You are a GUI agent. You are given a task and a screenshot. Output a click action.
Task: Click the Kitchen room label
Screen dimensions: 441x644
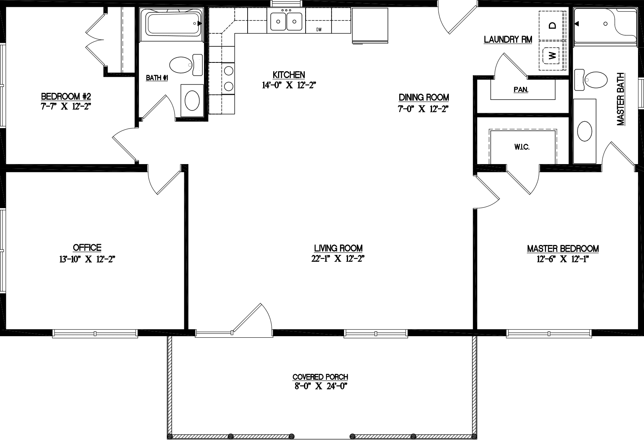coord(289,75)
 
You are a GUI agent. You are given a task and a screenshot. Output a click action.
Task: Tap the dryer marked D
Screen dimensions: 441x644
coord(552,26)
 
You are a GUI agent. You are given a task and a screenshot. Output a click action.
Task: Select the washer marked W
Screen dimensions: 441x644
coord(552,55)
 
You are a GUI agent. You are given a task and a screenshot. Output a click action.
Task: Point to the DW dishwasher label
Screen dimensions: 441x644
coord(319,29)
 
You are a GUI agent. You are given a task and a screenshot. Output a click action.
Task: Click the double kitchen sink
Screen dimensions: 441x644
coord(286,21)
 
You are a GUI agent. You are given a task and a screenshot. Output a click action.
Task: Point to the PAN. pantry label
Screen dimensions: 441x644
coord(521,90)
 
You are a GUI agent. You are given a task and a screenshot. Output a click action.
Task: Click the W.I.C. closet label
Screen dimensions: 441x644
coord(522,147)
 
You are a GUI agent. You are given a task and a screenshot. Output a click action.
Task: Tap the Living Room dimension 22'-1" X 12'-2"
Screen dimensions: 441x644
coord(338,259)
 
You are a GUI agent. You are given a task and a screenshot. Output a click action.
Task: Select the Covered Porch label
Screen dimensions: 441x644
coord(320,377)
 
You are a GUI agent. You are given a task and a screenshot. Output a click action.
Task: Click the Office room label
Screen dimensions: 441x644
coord(87,248)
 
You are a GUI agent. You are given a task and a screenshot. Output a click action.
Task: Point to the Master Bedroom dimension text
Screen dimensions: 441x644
coord(563,259)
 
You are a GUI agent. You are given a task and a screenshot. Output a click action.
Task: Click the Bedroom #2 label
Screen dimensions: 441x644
coord(66,96)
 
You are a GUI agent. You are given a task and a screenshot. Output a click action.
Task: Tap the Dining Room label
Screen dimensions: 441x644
coord(424,97)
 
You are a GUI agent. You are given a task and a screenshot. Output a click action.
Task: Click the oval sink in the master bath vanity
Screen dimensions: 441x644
coord(585,131)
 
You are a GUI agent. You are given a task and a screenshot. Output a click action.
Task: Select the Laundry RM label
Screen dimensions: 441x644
coord(508,39)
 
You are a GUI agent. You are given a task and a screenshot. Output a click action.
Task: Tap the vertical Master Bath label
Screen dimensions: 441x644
coord(620,99)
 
